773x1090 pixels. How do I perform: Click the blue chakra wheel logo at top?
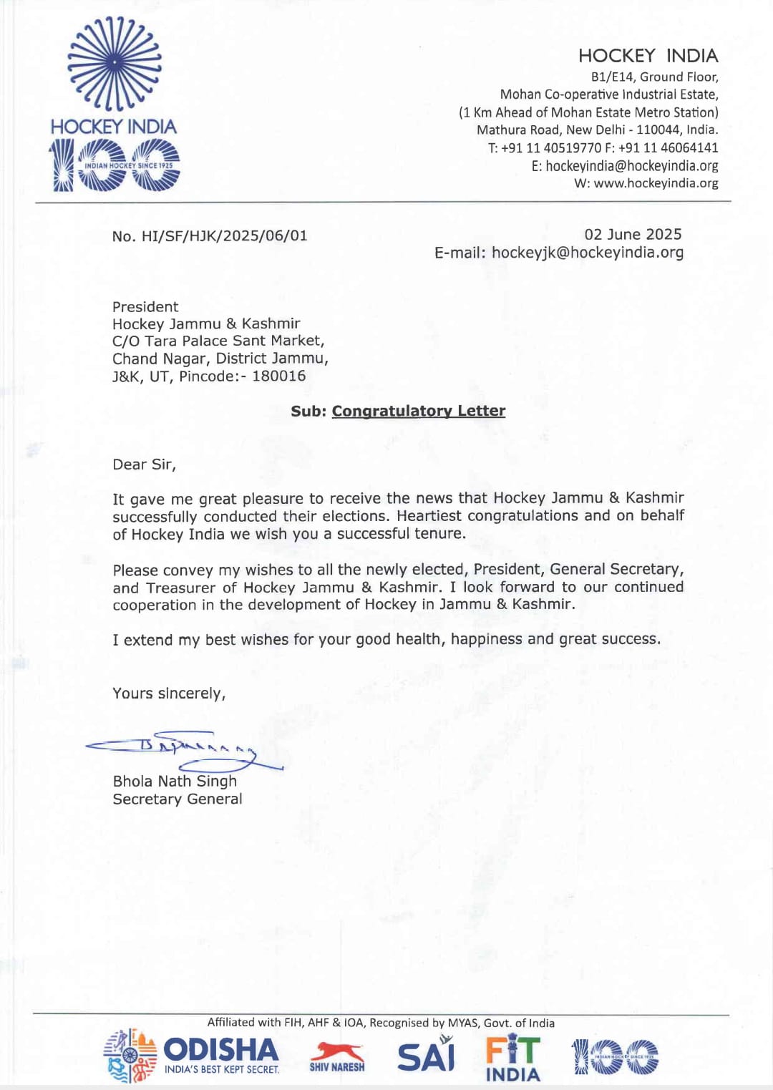[x=115, y=64]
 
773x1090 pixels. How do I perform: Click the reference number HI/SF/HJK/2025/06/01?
[x=224, y=236]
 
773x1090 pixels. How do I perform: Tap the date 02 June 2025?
[x=633, y=235]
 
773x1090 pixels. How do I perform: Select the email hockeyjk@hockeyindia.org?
[x=587, y=253]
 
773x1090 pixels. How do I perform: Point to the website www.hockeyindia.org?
[x=656, y=183]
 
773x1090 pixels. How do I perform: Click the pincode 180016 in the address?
[x=278, y=376]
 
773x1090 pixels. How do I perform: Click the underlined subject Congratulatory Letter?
[x=418, y=411]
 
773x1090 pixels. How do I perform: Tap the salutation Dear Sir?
[x=144, y=464]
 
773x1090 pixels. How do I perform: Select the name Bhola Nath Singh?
[x=175, y=782]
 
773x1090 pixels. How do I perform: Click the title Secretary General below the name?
[x=178, y=799]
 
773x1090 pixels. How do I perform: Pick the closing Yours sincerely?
[x=169, y=694]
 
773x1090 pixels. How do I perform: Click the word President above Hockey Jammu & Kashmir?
[x=145, y=307]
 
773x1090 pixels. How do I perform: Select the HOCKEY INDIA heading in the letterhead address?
[x=648, y=56]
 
